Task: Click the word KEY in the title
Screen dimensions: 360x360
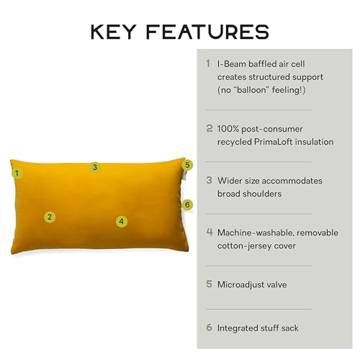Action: (x=113, y=32)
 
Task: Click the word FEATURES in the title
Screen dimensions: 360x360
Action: (x=207, y=32)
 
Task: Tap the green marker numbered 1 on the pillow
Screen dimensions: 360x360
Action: (x=17, y=173)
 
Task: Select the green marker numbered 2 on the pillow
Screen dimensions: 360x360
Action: (x=50, y=217)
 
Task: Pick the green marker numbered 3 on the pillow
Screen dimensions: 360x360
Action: (x=95, y=167)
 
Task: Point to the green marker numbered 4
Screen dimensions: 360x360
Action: (x=122, y=221)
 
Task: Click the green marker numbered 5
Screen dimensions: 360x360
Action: (x=187, y=165)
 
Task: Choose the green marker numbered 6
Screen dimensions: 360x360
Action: (x=187, y=204)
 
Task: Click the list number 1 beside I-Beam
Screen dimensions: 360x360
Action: (x=208, y=63)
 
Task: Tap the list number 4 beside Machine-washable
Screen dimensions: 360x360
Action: (x=210, y=232)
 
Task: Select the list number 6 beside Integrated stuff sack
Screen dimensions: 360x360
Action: (x=210, y=328)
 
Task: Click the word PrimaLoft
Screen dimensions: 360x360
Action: (x=274, y=142)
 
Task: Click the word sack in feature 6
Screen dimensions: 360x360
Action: (x=290, y=328)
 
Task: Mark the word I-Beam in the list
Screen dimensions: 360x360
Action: (x=232, y=64)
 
